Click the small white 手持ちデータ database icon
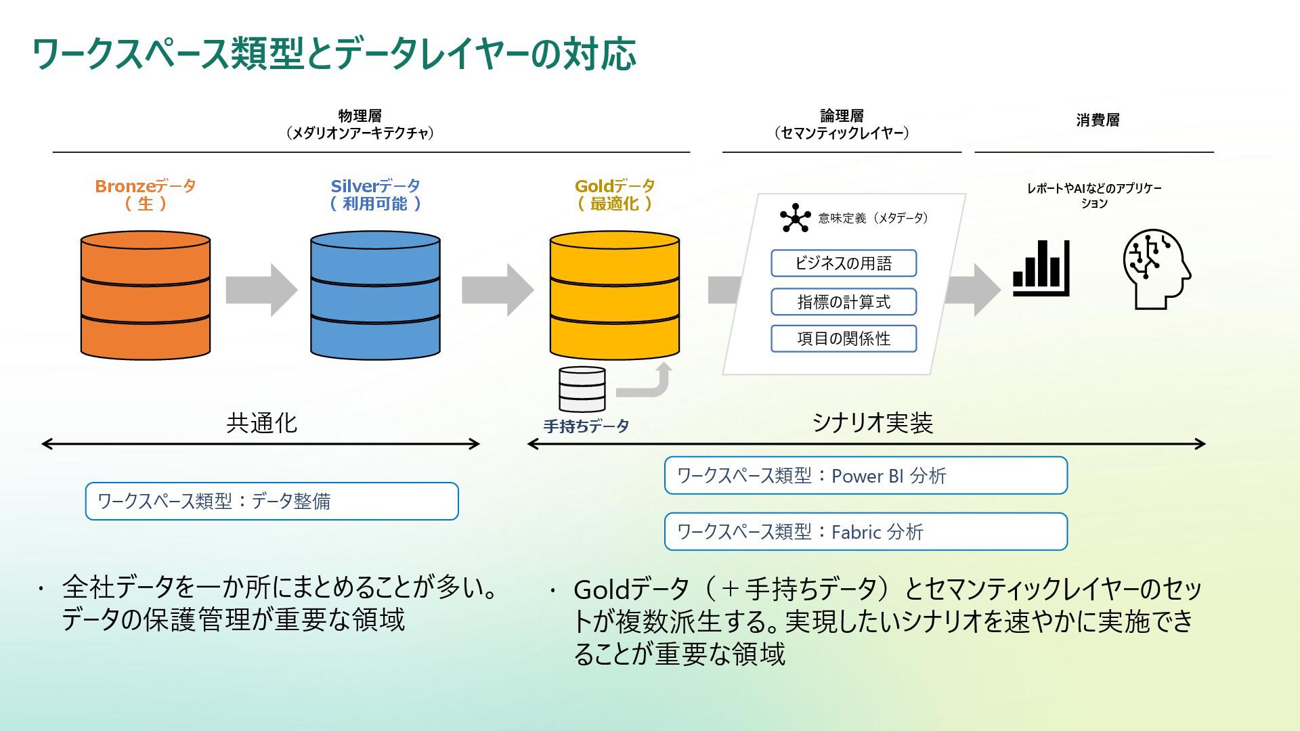[582, 389]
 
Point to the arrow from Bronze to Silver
[261, 290]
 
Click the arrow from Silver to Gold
[497, 290]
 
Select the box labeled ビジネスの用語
[843, 263]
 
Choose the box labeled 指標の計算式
[843, 302]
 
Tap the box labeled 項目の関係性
[843, 338]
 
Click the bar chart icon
[1041, 269]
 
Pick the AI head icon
[1156, 269]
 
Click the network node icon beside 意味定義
[795, 218]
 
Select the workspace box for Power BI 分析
[865, 475]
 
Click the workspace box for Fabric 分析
[865, 531]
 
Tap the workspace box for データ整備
[272, 501]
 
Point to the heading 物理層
[360, 116]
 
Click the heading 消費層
[1098, 120]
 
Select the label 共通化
[261, 423]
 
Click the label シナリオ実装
[872, 423]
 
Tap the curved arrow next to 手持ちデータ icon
[647, 382]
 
